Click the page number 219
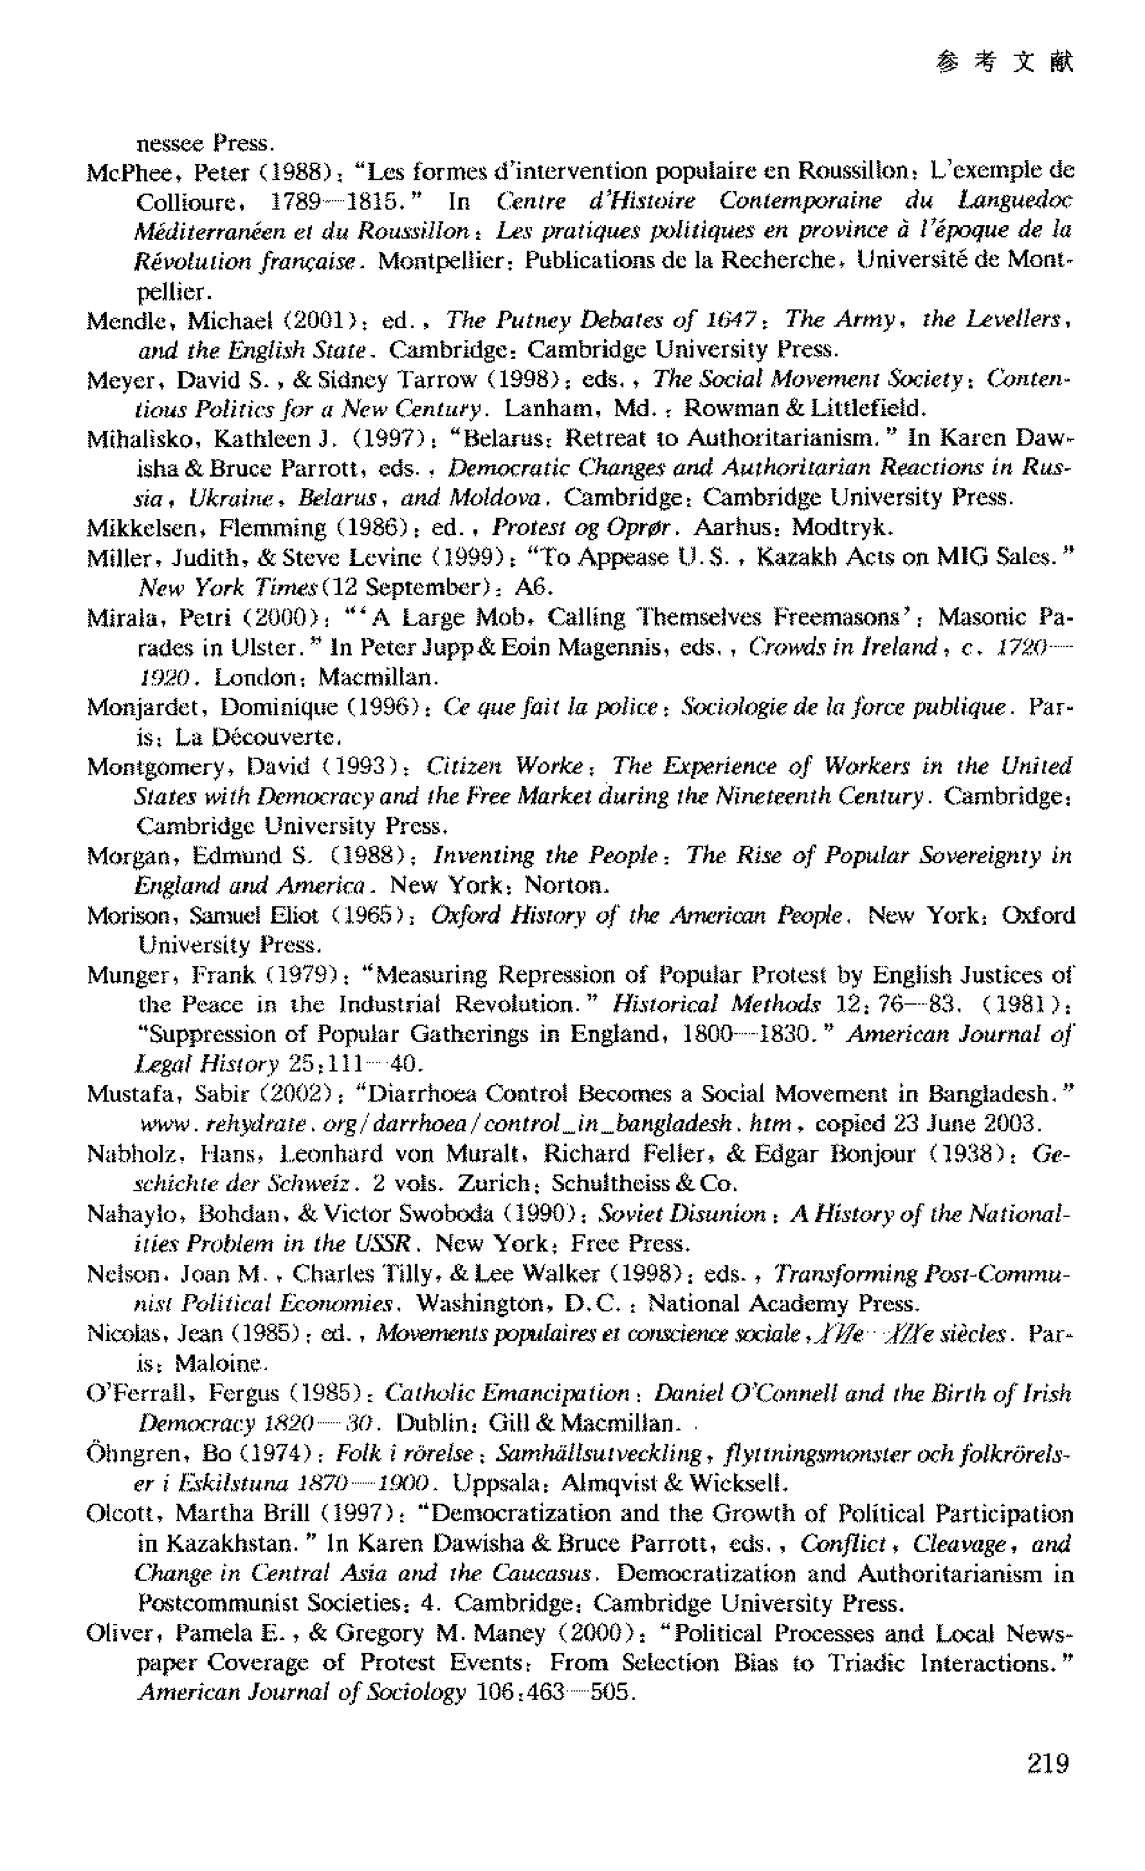[1047, 1763]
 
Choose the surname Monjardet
[147, 707]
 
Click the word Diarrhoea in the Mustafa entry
[421, 1094]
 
